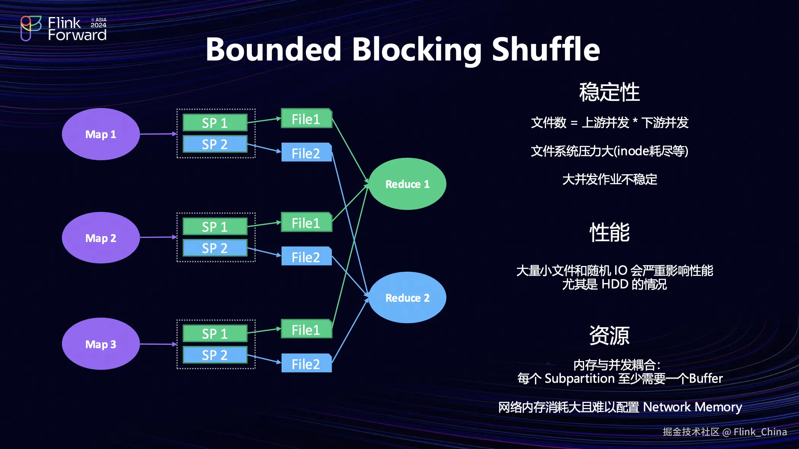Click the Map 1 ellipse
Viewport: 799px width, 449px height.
click(101, 134)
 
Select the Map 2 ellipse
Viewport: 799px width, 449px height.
click(101, 238)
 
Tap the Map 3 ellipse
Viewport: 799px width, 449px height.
click(101, 344)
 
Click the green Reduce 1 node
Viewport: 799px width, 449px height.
click(407, 184)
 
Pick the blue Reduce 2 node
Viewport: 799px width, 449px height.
click(407, 298)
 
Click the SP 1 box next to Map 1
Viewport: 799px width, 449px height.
click(215, 123)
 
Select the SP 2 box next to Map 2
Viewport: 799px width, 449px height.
click(215, 248)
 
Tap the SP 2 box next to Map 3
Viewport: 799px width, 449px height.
click(215, 355)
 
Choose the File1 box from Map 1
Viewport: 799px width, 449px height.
click(307, 118)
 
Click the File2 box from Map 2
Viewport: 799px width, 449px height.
click(307, 256)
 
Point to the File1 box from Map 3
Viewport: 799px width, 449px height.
click(307, 329)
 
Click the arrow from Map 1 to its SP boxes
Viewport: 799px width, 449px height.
click(159, 134)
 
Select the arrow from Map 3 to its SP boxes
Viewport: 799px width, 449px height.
click(159, 344)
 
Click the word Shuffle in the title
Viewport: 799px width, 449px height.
click(546, 49)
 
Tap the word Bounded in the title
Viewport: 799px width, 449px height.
click(274, 49)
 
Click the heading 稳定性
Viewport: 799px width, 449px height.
click(610, 92)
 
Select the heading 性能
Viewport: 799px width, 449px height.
click(610, 232)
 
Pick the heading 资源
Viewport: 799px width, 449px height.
click(610, 335)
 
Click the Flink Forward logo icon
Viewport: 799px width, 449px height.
click(30, 28)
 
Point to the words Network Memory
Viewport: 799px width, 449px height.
click(692, 407)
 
